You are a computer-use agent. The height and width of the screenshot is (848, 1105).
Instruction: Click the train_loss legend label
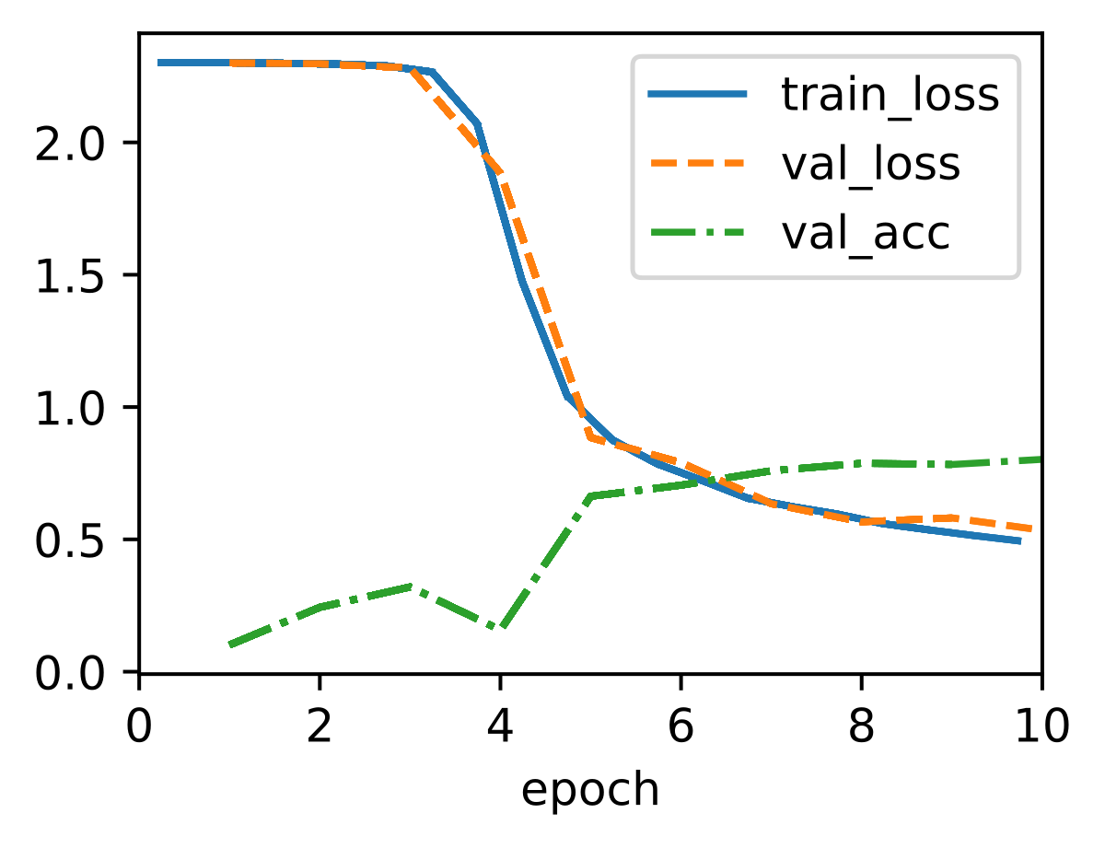click(890, 95)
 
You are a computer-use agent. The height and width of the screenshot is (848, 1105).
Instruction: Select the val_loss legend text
click(870, 164)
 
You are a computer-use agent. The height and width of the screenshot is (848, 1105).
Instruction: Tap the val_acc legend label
click(865, 233)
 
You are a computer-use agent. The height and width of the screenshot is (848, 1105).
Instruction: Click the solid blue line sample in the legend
click(697, 93)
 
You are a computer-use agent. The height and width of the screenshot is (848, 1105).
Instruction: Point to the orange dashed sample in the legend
click(697, 163)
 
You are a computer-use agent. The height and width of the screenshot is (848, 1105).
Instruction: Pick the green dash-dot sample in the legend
click(697, 232)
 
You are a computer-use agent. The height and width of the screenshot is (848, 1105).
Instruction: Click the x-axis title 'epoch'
click(590, 790)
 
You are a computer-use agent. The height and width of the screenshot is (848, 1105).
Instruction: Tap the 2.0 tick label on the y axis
click(70, 143)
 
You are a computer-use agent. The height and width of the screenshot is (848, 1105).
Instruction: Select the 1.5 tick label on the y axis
click(70, 275)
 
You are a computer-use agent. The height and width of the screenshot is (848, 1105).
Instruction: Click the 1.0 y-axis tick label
click(70, 407)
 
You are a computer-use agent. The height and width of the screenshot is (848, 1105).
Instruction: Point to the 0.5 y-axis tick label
click(70, 540)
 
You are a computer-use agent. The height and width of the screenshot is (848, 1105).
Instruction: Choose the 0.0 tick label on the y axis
click(70, 673)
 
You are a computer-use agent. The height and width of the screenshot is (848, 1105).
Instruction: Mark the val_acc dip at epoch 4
click(501, 628)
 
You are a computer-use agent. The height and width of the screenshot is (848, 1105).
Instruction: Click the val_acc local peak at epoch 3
click(411, 587)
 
